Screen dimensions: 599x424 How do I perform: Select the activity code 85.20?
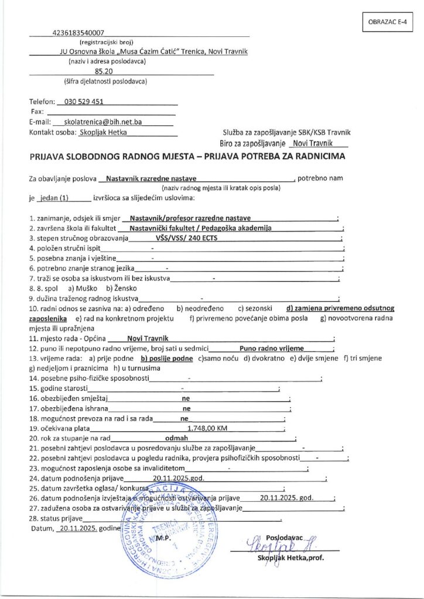[111, 71]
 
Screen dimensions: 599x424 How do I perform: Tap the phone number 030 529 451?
[86, 101]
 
